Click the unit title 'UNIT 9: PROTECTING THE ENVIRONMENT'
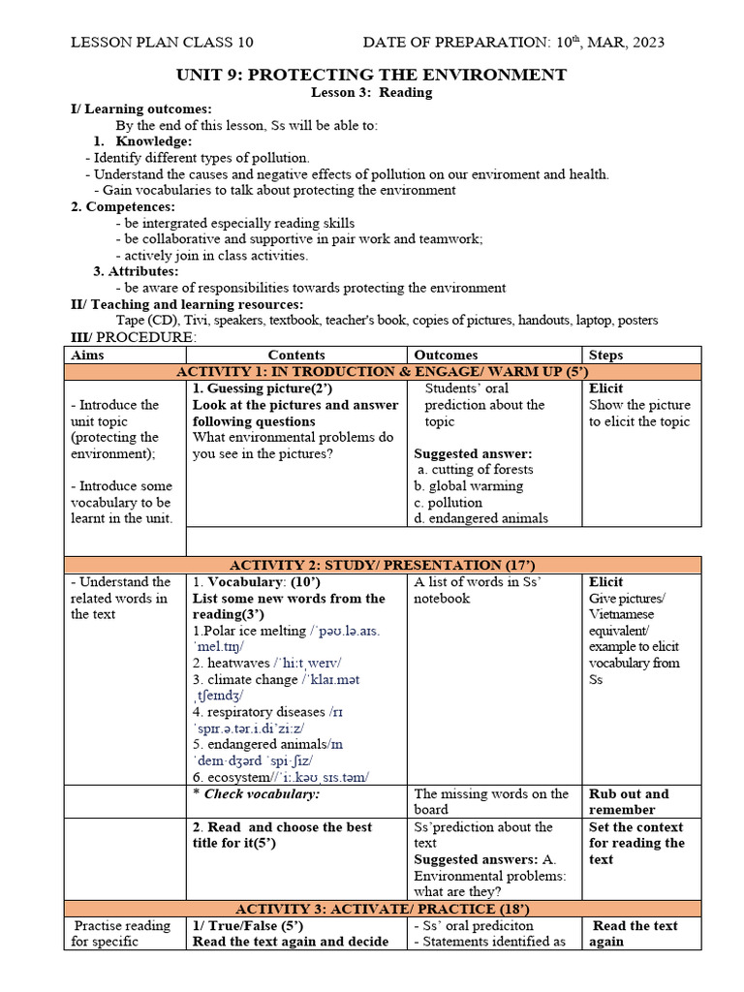(371, 75)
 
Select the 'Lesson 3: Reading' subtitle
(371, 93)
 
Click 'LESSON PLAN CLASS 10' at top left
(164, 42)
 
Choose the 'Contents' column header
(296, 356)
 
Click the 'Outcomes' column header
(446, 356)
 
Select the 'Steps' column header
(606, 356)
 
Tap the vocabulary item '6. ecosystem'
(229, 778)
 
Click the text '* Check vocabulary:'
(256, 794)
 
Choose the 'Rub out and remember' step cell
(629, 801)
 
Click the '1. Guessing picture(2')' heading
(255, 388)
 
